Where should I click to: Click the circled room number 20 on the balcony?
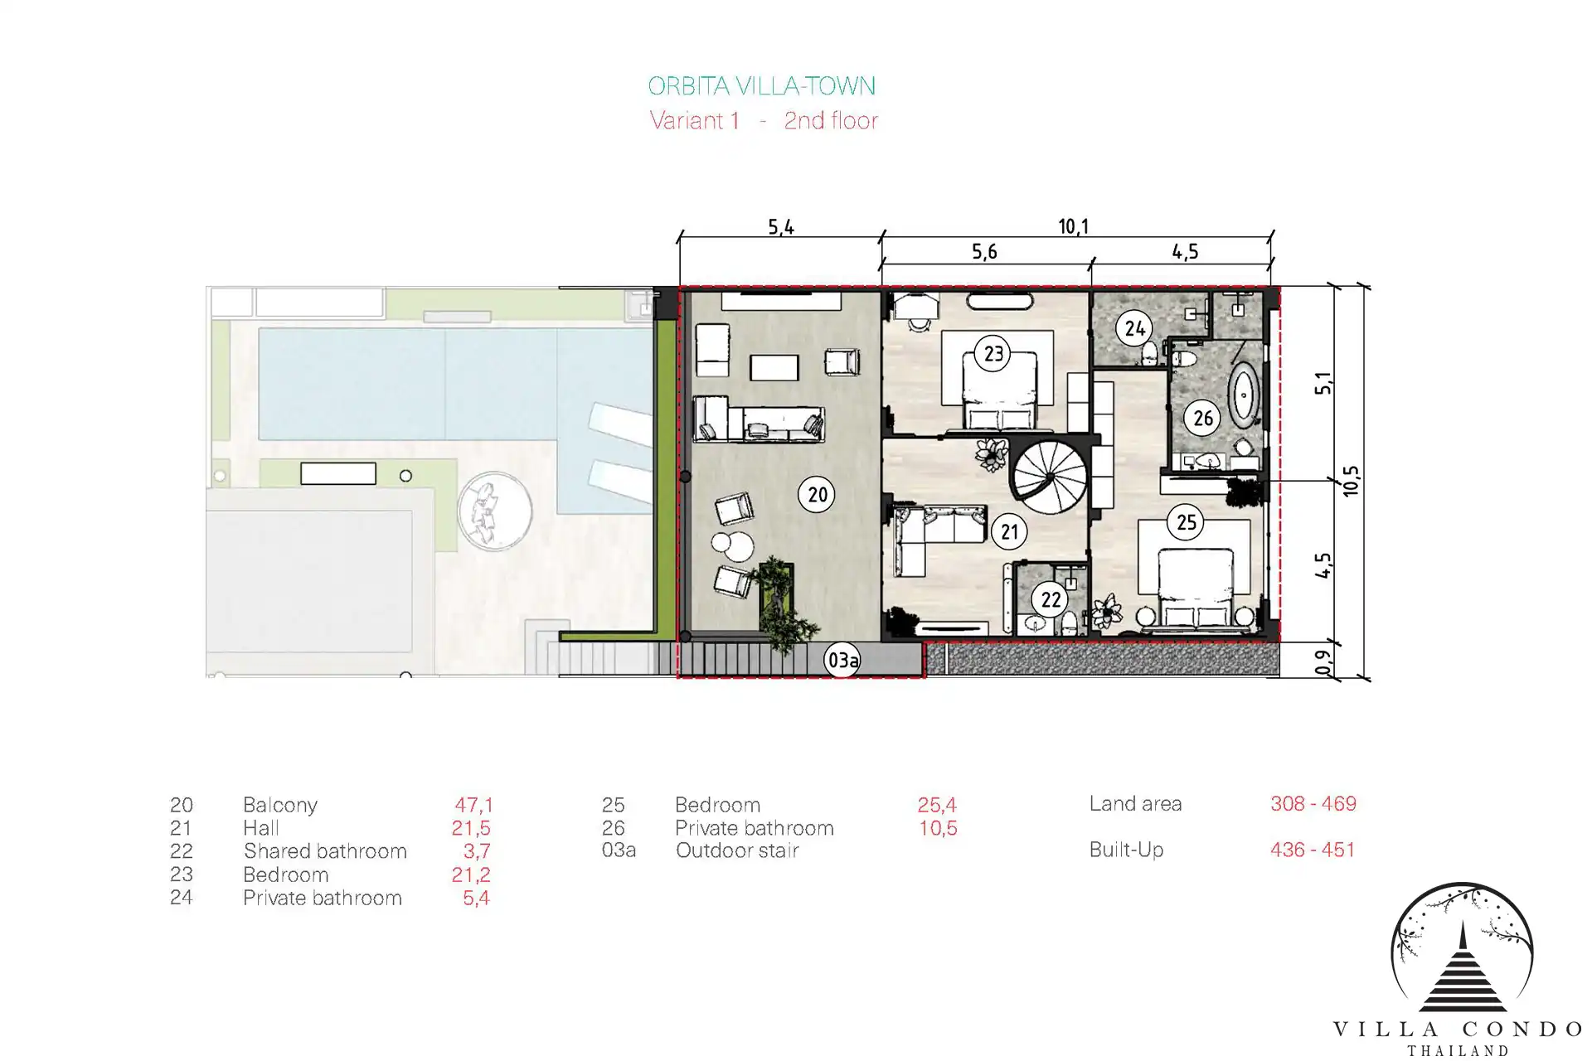coord(817,495)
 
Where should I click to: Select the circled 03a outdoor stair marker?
coord(842,661)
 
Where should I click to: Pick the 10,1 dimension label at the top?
coord(1074,226)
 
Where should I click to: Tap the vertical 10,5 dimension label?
coord(1351,481)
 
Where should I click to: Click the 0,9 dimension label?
coord(1323,661)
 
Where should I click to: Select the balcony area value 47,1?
coord(473,805)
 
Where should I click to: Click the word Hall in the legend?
coord(261,828)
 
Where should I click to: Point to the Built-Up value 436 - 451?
coord(1313,850)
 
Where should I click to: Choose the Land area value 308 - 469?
coord(1313,803)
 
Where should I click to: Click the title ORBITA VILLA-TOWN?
coord(761,86)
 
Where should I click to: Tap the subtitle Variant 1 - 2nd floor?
coord(764,121)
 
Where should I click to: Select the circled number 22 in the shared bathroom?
coord(1051,599)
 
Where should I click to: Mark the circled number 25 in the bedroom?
coord(1187,522)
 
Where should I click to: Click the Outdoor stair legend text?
coord(737,850)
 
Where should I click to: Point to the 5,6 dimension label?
coord(984,252)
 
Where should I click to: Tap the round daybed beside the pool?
coord(494,511)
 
